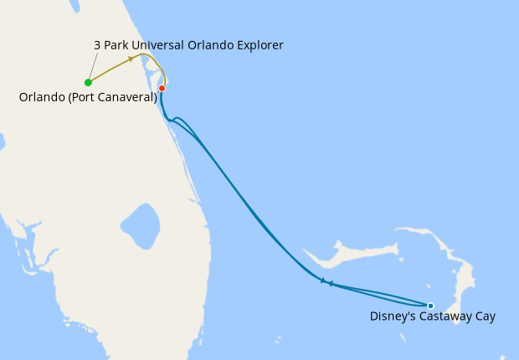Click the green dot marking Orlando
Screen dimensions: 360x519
(x=88, y=82)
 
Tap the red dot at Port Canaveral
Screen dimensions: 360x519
(x=162, y=88)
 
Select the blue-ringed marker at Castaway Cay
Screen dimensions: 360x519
(x=430, y=306)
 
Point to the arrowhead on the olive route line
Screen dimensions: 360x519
(x=131, y=59)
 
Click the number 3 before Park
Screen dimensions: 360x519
(x=98, y=44)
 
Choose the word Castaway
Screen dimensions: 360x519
(x=444, y=316)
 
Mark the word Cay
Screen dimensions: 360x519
(x=485, y=316)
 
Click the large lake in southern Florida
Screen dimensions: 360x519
(x=140, y=225)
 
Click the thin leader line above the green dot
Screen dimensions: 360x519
(x=93, y=66)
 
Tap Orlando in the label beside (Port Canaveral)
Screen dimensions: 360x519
(x=39, y=97)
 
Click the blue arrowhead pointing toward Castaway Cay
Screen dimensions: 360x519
(x=322, y=280)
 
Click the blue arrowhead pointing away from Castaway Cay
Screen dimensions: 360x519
(x=331, y=284)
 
